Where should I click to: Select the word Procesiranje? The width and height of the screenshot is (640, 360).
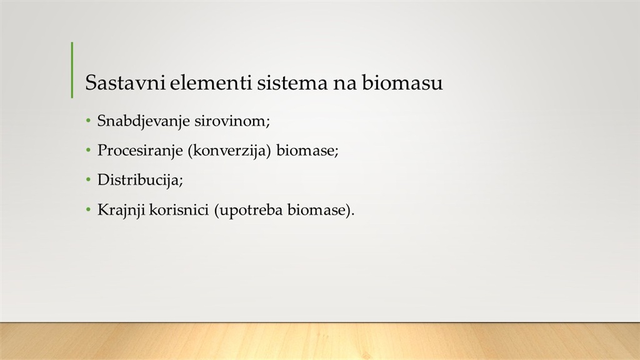pos(140,151)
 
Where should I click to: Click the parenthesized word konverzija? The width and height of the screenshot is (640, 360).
pos(229,151)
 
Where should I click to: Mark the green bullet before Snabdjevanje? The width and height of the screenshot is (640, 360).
pos(88,121)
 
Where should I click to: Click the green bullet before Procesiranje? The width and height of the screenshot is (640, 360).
pos(88,151)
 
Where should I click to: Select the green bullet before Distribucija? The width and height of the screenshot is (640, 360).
pos(88,180)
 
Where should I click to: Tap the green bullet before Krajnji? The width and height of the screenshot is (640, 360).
pos(88,210)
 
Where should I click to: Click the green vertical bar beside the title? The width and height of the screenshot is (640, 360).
pos(72,70)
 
